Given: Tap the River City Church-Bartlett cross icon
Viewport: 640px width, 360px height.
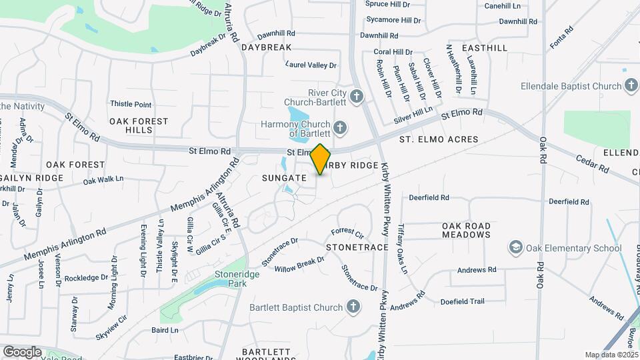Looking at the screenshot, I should pos(357,97).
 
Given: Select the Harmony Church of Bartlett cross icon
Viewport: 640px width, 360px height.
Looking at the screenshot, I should pos(340,127).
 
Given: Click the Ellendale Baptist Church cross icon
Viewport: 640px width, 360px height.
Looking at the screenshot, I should pos(631,85).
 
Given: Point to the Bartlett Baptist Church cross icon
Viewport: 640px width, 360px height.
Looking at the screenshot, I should pos(353,307).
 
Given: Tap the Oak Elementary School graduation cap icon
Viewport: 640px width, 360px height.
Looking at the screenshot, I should pos(515,248).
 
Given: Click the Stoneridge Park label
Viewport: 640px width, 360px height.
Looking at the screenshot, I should pos(231,278).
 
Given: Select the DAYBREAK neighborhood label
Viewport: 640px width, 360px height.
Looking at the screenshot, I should pos(267,47).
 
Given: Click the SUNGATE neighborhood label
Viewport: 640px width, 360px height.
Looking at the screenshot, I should pos(284,178).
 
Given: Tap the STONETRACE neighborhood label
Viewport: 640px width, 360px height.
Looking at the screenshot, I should pos(357,247).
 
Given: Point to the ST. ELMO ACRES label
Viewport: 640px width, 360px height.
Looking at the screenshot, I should pos(439,139).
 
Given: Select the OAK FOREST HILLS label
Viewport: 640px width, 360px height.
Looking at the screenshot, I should pos(139,125).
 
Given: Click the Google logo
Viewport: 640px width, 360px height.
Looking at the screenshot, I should pos(22,351).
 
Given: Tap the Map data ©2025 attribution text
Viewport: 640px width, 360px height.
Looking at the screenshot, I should pos(611,355).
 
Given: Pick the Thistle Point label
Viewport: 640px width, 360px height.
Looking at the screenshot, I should pos(131,104).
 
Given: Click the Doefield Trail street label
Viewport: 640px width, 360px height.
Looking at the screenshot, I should pos(462,301).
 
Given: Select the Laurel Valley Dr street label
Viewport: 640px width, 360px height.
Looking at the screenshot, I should pos(311,65).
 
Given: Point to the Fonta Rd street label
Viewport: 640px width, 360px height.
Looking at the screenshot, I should pos(562,39).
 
